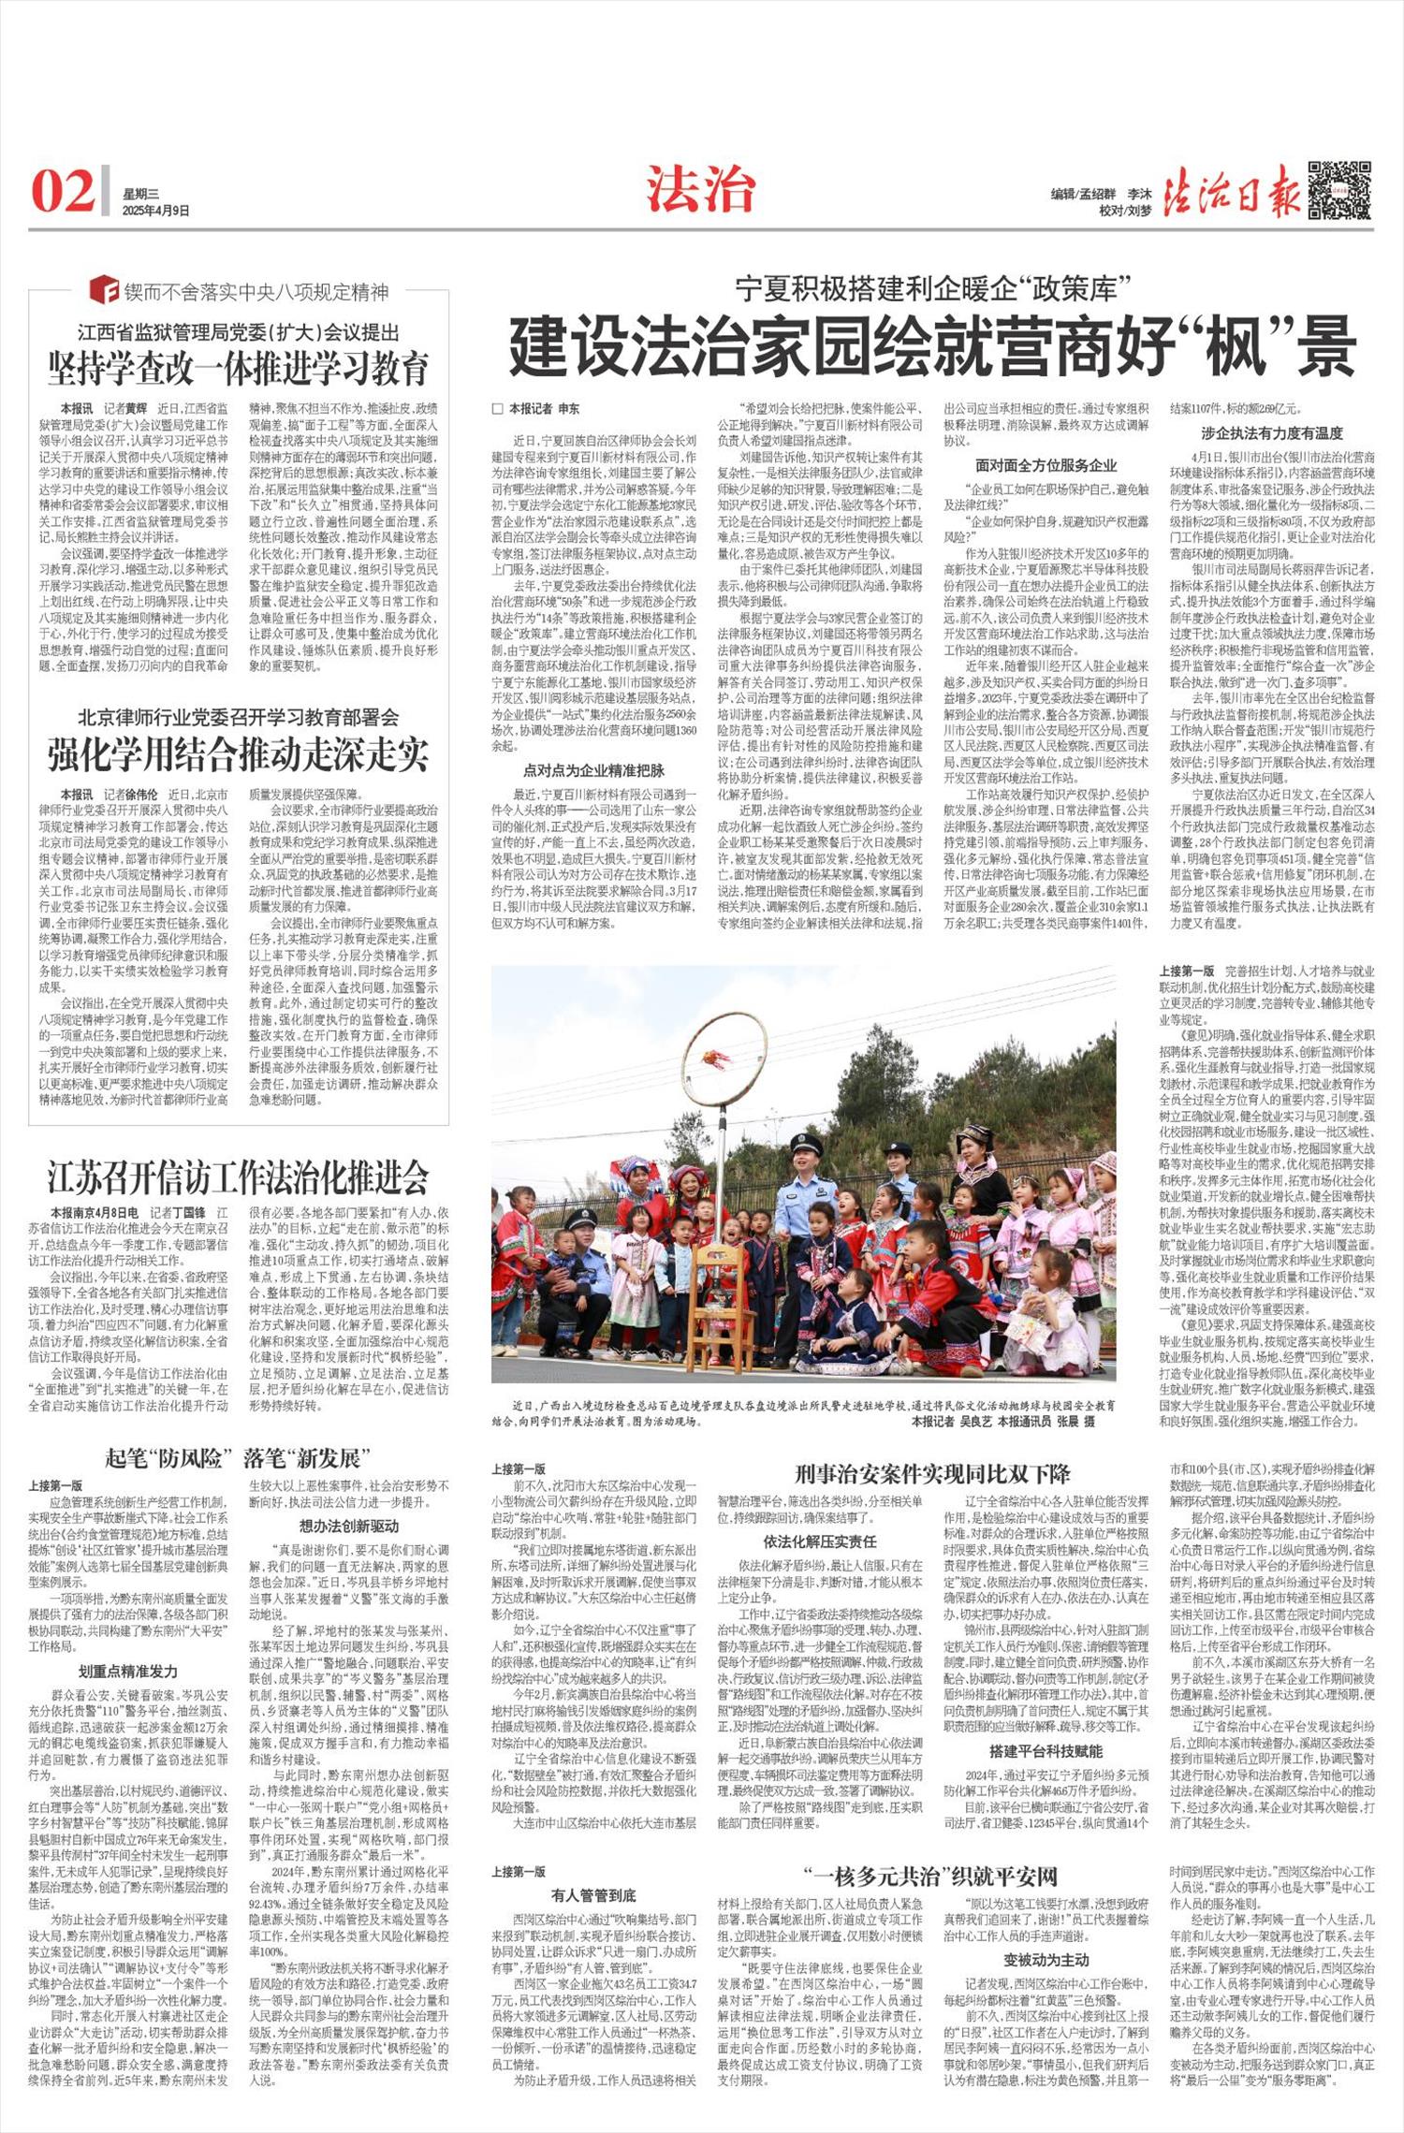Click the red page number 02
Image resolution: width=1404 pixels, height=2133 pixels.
(x=63, y=191)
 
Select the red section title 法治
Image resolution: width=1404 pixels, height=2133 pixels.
(x=701, y=191)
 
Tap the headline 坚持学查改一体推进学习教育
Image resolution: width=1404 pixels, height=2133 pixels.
(x=240, y=368)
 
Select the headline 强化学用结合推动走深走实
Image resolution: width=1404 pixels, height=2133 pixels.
(x=240, y=753)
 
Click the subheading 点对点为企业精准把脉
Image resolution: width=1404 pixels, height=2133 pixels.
(x=594, y=770)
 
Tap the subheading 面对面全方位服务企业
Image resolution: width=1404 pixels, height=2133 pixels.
(x=1046, y=465)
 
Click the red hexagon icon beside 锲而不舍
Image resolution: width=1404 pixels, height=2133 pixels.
(x=103, y=291)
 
